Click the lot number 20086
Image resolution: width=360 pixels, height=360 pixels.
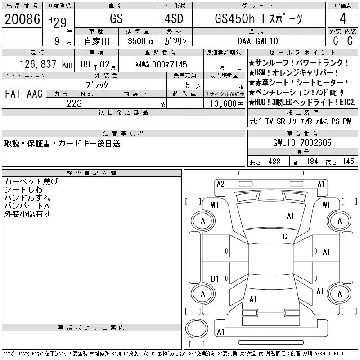click(22, 19)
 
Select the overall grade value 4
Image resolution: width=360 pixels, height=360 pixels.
click(343, 18)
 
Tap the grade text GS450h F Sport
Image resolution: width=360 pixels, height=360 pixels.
click(259, 19)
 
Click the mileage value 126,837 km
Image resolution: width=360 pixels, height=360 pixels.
click(46, 64)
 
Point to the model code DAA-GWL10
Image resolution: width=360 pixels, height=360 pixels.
click(258, 41)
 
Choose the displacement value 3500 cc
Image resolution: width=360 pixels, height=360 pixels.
click(141, 41)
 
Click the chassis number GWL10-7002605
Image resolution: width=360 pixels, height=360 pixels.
click(302, 143)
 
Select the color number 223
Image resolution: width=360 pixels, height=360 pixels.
click(74, 103)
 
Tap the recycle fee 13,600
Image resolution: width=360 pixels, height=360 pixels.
click(226, 104)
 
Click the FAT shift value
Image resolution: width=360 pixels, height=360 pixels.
click(13, 94)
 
